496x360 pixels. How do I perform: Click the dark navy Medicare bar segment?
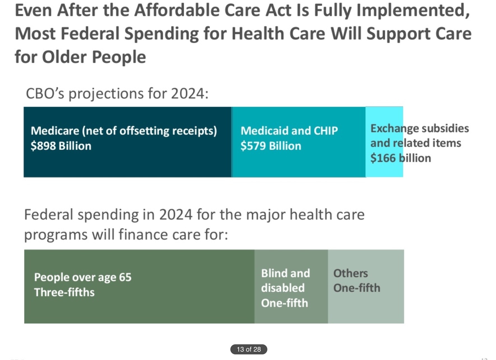(128, 162)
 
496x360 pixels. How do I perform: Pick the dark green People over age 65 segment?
(139, 308)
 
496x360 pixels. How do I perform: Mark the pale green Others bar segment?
(366, 308)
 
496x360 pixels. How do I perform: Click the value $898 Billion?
(61, 146)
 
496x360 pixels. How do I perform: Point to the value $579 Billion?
(271, 146)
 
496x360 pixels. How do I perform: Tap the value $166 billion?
(400, 158)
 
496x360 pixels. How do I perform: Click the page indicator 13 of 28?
(249, 349)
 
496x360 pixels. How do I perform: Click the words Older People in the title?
(94, 57)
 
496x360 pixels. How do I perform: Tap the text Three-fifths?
(64, 292)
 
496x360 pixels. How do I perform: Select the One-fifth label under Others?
(357, 288)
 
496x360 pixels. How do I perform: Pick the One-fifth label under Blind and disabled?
(284, 303)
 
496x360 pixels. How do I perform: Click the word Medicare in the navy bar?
(55, 131)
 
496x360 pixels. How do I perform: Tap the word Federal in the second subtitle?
(48, 215)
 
